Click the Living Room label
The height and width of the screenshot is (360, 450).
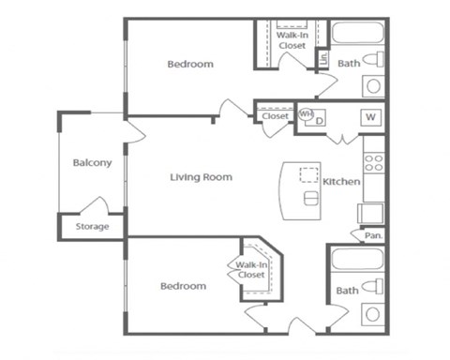201,176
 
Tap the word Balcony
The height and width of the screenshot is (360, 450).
92,162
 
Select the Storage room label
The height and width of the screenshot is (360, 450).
92,227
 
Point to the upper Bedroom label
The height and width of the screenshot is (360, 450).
190,65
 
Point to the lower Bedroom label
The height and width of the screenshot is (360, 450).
182,286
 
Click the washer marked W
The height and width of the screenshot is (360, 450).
371,117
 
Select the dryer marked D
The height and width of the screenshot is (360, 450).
319,120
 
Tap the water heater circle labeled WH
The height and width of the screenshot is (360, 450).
306,115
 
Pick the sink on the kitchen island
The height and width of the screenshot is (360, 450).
310,199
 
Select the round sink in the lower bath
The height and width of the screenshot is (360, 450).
373,315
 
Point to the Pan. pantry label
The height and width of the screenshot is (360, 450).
371,235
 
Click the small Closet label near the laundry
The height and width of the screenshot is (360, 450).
275,116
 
